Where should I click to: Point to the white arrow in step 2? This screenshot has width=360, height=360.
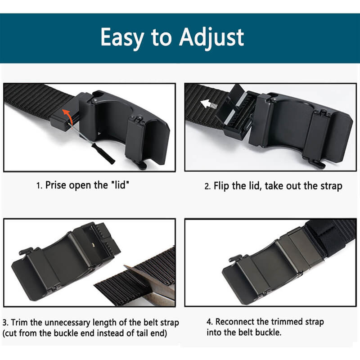tap(209, 104)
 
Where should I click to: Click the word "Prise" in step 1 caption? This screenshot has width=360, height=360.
tap(56, 185)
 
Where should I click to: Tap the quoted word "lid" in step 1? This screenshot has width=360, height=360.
tap(121, 184)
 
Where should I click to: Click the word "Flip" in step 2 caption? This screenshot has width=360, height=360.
tap(221, 186)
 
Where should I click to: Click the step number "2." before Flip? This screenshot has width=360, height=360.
tap(207, 186)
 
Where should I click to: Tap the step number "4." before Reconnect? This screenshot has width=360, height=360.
tap(210, 322)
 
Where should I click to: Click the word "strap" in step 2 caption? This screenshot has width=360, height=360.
tap(331, 186)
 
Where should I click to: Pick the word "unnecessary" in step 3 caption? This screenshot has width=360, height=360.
tap(68, 323)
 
